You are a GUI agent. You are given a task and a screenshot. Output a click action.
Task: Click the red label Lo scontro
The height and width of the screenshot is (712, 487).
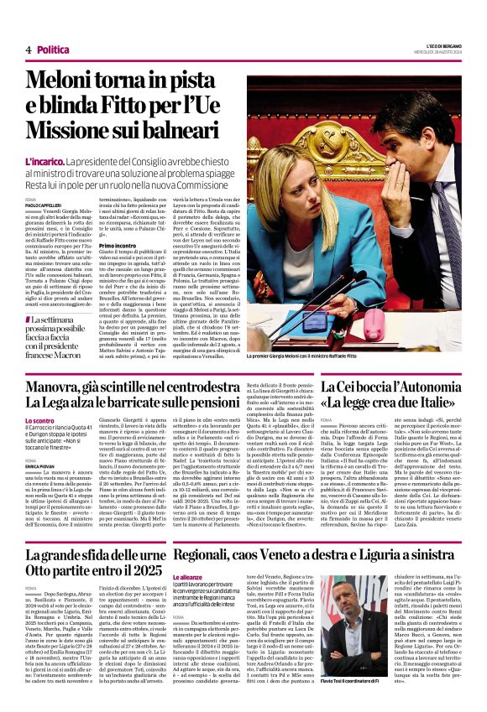(x=39, y=420)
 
